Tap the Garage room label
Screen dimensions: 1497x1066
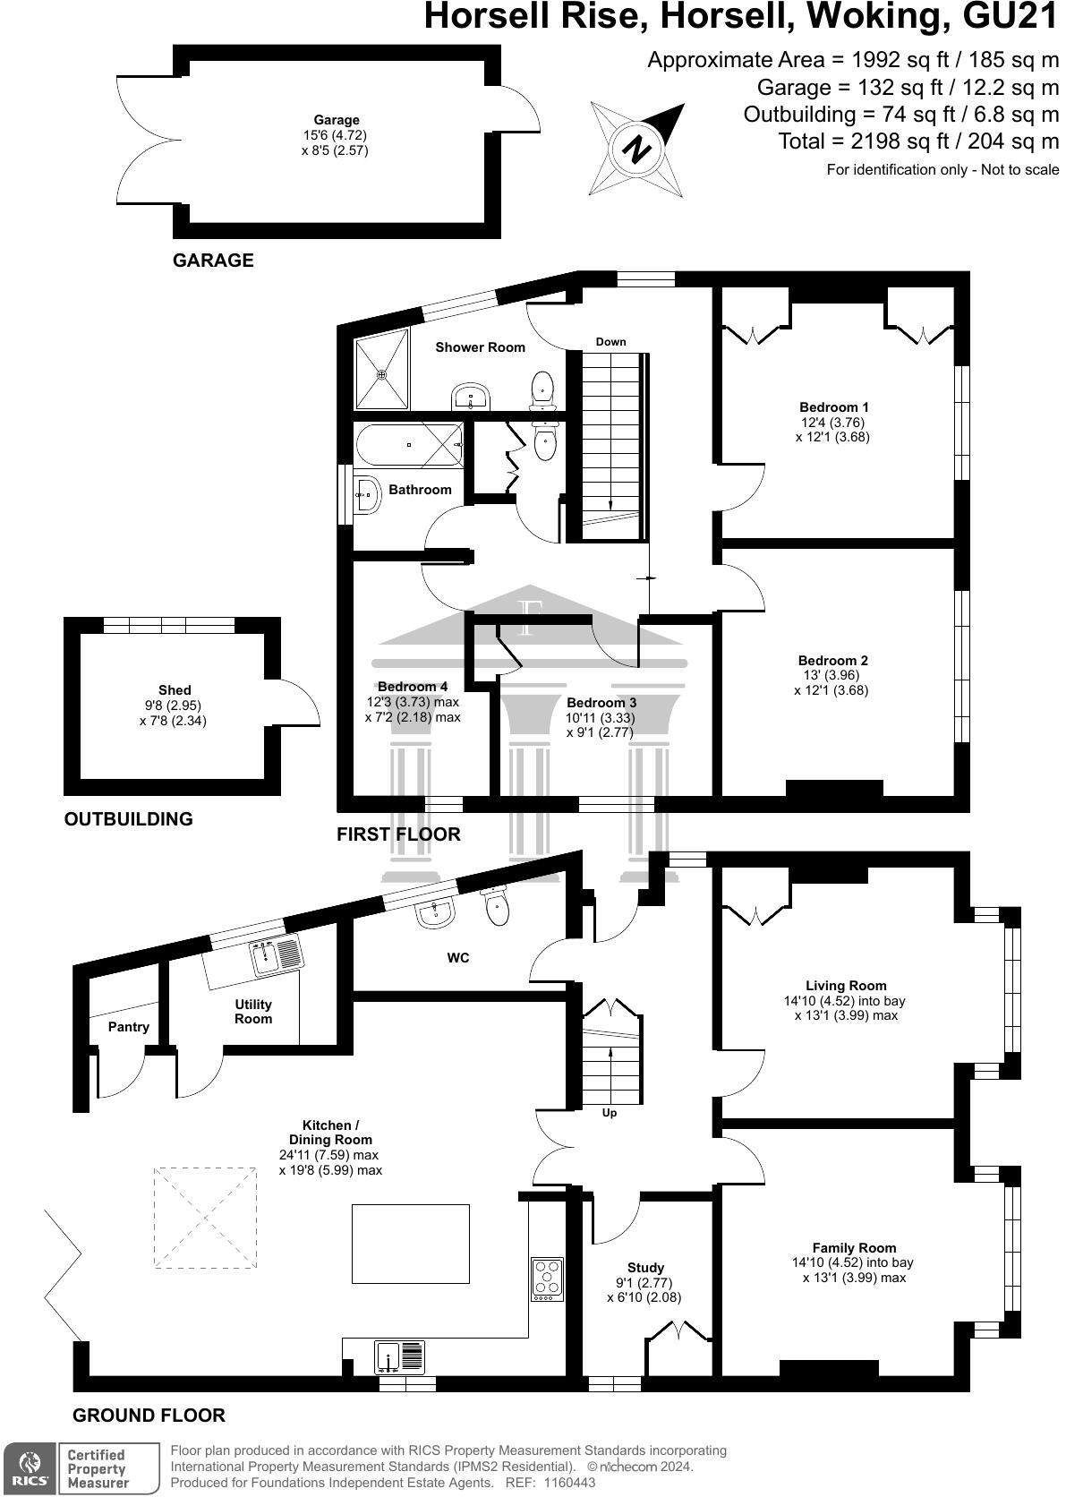(x=337, y=120)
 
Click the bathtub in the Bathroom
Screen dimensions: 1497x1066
(x=409, y=445)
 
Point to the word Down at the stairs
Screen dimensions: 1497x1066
(x=610, y=342)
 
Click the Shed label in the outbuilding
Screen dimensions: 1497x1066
(x=175, y=689)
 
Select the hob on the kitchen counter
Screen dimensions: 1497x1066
(x=546, y=1279)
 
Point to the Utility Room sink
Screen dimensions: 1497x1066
(x=277, y=958)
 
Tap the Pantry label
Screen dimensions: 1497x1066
(x=129, y=1027)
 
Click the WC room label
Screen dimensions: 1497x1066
(x=458, y=958)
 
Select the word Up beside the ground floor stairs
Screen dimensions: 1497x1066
(x=610, y=1113)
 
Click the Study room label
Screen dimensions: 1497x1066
(x=645, y=1268)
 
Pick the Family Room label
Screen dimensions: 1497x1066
(x=854, y=1247)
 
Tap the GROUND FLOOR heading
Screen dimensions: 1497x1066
(x=149, y=1416)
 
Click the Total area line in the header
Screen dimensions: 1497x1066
(x=918, y=141)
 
